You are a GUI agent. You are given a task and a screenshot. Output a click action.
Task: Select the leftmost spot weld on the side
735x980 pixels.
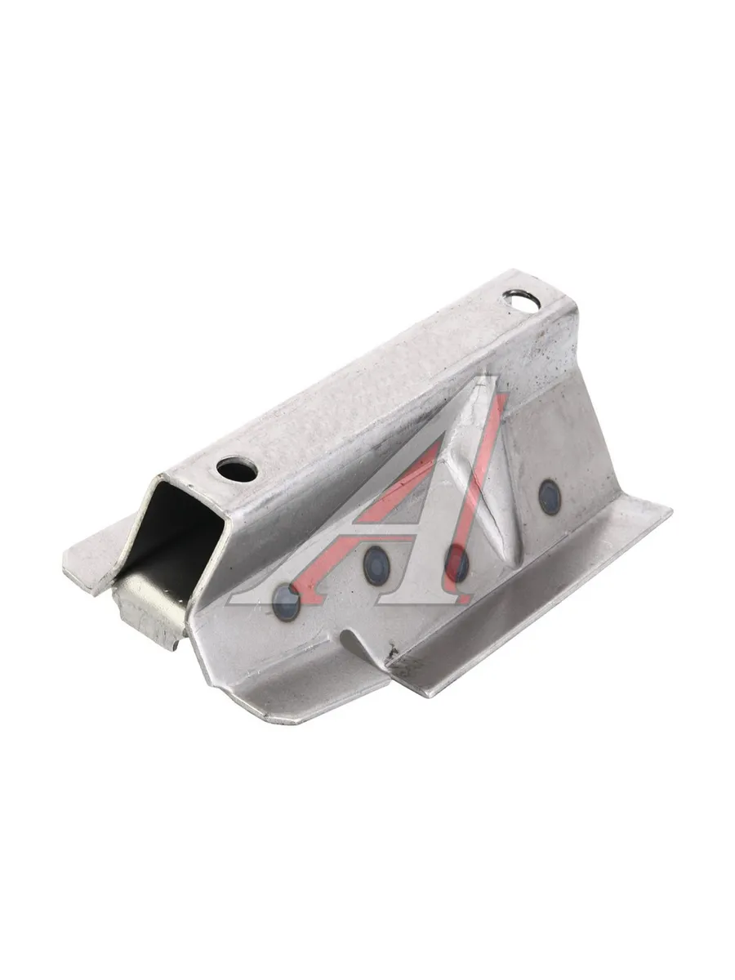(285, 601)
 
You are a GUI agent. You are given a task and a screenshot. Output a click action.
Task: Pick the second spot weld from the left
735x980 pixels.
(376, 566)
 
